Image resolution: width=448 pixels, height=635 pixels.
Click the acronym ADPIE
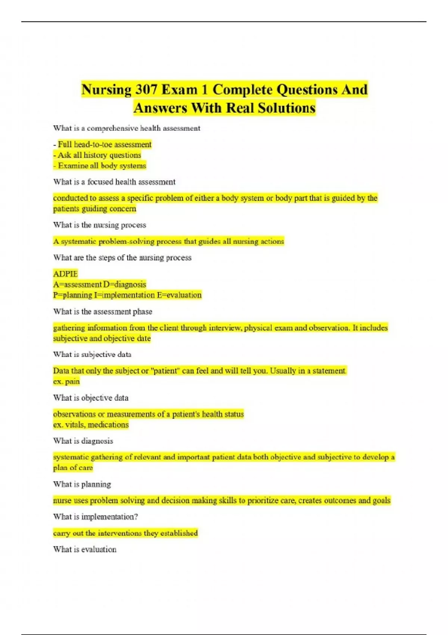pyautogui.click(x=65, y=274)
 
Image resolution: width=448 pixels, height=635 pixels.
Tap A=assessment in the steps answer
pyautogui.click(x=77, y=285)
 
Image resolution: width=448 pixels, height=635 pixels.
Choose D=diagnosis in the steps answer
pyautogui.click(x=125, y=285)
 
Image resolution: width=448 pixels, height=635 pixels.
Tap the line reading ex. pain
pyautogui.click(x=66, y=382)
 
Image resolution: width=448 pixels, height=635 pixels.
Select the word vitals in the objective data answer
pyautogui.click(x=75, y=425)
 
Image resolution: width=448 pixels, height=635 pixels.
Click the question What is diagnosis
pyautogui.click(x=83, y=441)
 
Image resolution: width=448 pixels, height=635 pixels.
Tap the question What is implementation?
pyautogui.click(x=96, y=517)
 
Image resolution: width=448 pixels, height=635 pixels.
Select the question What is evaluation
pyautogui.click(x=85, y=549)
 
